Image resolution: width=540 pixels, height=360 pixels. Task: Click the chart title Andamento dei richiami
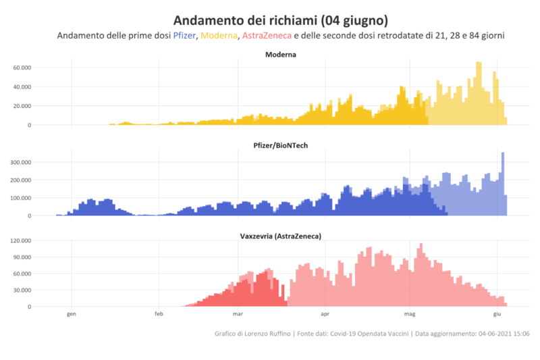pyautogui.click(x=281, y=20)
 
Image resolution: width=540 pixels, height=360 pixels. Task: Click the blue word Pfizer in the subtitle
pyautogui.click(x=186, y=35)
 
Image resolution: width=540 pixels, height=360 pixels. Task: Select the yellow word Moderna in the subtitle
pyautogui.click(x=219, y=35)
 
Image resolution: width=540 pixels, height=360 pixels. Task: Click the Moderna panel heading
pyautogui.click(x=281, y=54)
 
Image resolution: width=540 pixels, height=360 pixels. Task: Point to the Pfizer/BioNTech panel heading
pyautogui.click(x=281, y=145)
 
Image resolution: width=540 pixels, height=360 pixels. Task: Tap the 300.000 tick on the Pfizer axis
pyautogui.click(x=18, y=162)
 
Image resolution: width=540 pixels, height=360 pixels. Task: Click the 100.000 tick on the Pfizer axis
pyautogui.click(x=18, y=198)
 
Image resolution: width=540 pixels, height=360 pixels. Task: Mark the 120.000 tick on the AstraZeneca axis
pyautogui.click(x=18, y=240)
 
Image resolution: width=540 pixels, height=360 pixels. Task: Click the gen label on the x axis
pyautogui.click(x=72, y=314)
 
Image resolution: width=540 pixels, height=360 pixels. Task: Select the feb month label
pyautogui.click(x=159, y=314)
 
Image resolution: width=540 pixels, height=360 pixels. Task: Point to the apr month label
pyautogui.click(x=325, y=314)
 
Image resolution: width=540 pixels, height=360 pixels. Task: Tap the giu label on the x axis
pyautogui.click(x=497, y=314)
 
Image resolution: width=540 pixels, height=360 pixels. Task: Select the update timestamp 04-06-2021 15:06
pyautogui.click(x=504, y=334)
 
